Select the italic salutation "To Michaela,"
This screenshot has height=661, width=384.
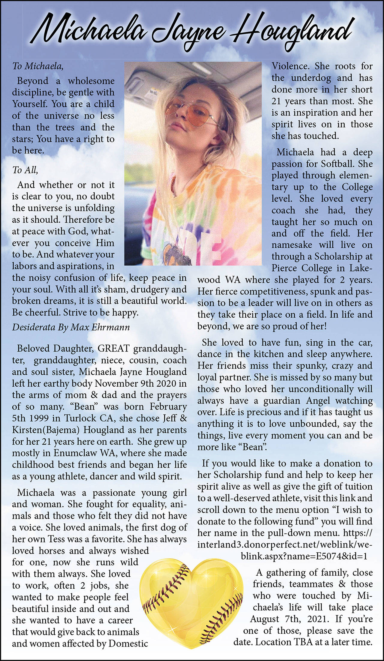point(38,66)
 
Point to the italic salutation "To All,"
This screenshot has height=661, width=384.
point(25,170)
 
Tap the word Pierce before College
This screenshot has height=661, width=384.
point(285,268)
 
